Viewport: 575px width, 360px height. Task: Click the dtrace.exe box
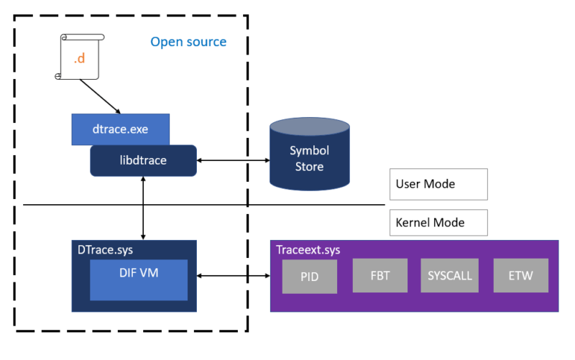[121, 130]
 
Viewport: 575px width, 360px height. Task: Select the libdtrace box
[143, 160]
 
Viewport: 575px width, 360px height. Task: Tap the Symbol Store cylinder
[310, 159]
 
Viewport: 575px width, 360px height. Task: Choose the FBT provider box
[379, 276]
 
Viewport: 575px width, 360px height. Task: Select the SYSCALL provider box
[448, 276]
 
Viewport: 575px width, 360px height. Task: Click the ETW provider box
[520, 276]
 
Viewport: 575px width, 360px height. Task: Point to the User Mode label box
[438, 184]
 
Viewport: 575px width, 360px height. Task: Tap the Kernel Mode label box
[438, 223]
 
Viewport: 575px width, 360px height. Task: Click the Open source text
[188, 42]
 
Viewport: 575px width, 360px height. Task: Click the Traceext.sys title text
[308, 250]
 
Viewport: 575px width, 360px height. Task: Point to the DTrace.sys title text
[104, 249]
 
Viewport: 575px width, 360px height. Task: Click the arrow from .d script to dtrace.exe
[99, 96]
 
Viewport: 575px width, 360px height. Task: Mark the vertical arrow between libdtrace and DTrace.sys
[144, 208]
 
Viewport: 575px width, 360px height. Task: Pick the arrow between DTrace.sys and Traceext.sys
[233, 276]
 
